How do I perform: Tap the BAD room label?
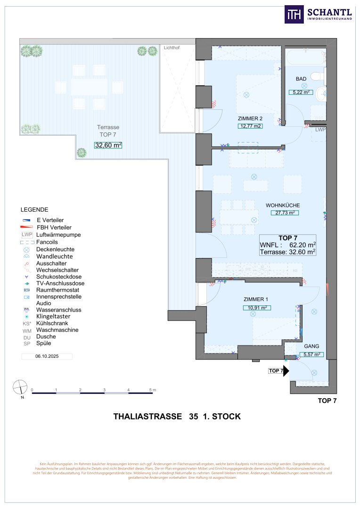coord(302,79)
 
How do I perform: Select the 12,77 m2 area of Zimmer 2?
coord(250,126)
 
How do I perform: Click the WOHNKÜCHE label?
coord(283,205)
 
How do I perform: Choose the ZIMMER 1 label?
coord(256,300)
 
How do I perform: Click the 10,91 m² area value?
coord(257,308)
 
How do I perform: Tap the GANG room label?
coord(311,346)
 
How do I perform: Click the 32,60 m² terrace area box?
coord(108,145)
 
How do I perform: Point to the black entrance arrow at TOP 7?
coord(286,370)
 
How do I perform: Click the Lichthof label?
coord(172,48)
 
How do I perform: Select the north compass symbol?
coord(20,387)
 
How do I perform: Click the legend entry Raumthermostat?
coord(57,290)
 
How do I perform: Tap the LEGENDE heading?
coord(34,209)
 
